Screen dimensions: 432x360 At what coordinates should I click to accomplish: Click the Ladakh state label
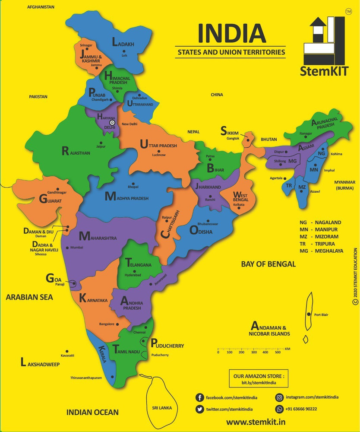[x=123, y=44]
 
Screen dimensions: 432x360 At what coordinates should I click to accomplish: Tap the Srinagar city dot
[x=88, y=49]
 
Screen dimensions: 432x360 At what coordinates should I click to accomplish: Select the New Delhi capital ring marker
[x=112, y=123]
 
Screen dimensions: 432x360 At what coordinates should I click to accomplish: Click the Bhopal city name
[x=133, y=187]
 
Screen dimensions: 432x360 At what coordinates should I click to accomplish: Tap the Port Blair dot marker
[x=309, y=314]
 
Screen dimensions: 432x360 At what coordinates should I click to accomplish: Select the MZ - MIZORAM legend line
[x=319, y=237]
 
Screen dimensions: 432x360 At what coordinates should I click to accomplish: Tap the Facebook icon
[x=200, y=397]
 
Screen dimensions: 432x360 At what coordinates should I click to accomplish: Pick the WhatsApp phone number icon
[x=279, y=409]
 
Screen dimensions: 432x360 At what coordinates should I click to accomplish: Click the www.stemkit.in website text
[x=256, y=422]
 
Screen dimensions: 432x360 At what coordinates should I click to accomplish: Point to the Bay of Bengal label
[x=268, y=264]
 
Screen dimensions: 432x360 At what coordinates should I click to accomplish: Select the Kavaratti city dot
[x=67, y=351]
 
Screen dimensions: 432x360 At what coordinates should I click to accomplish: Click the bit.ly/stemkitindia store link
[x=259, y=383]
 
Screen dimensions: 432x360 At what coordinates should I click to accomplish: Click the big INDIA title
[x=231, y=34]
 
